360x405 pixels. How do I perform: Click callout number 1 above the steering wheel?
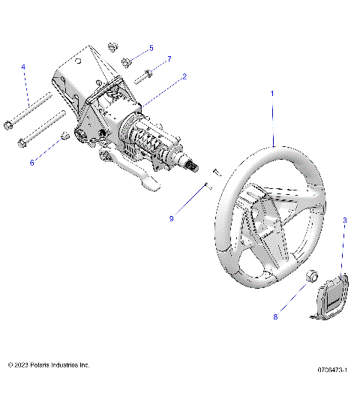(x=272, y=93)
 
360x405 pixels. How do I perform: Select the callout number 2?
(x=184, y=76)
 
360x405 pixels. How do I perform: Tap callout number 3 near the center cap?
(x=344, y=220)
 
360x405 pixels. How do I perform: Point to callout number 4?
(x=23, y=67)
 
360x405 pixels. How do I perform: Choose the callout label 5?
(x=151, y=48)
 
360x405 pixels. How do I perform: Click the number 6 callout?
(x=31, y=161)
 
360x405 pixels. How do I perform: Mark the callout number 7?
(x=169, y=58)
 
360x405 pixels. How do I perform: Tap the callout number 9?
(x=172, y=218)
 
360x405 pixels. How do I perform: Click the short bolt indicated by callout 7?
(x=145, y=75)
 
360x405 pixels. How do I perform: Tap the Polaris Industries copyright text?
(x=49, y=364)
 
